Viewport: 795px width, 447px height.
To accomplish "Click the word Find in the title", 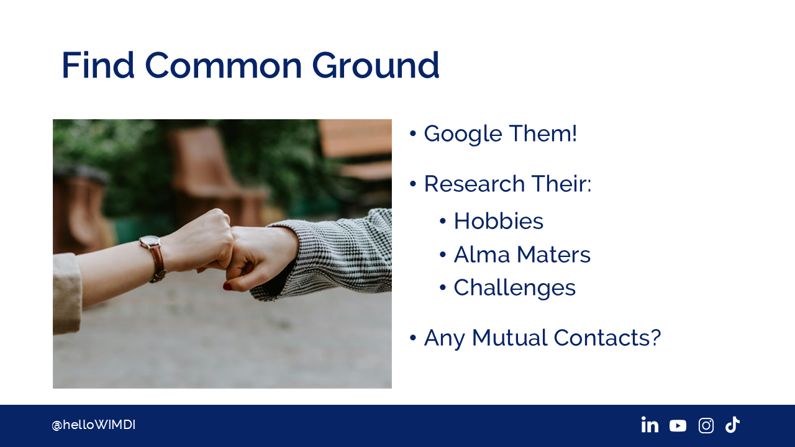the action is (98, 65).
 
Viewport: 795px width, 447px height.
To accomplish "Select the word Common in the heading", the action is (224, 65).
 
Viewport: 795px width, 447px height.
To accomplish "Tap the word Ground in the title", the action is (376, 65).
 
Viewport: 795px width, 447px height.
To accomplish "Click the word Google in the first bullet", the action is (463, 134).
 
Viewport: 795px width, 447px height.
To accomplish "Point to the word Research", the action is (475, 184).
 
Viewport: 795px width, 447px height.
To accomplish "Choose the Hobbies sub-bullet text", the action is (498, 220).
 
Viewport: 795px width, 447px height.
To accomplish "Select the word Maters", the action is (553, 255).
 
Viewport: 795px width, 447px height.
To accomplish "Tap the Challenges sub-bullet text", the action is (515, 288).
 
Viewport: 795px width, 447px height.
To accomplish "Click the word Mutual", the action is (510, 337).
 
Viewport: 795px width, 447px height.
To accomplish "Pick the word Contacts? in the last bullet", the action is (607, 337).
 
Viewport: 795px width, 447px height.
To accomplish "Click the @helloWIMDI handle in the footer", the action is (93, 425).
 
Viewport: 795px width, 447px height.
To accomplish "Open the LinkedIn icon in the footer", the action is (650, 425).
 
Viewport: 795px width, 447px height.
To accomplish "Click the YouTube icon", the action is (678, 426).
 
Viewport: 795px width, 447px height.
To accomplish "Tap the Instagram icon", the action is (706, 425).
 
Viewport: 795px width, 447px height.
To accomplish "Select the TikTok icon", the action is (732, 425).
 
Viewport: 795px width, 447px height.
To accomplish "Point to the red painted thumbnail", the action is (227, 287).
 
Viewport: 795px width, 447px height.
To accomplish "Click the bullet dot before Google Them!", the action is (412, 133).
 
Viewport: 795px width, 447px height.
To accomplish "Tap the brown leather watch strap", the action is (158, 263).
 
